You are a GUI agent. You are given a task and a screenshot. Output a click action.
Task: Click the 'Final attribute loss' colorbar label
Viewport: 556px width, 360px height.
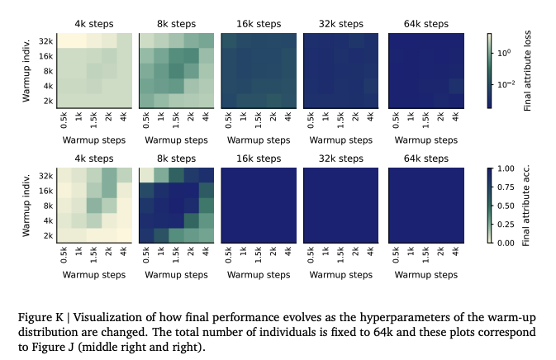click(528, 72)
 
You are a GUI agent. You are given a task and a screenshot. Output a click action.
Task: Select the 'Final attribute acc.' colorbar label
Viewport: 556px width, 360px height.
click(528, 206)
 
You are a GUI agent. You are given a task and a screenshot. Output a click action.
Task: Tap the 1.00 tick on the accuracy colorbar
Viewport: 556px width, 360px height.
click(508, 169)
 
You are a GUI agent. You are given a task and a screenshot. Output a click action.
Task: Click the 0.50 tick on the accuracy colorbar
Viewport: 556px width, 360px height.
click(508, 205)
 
